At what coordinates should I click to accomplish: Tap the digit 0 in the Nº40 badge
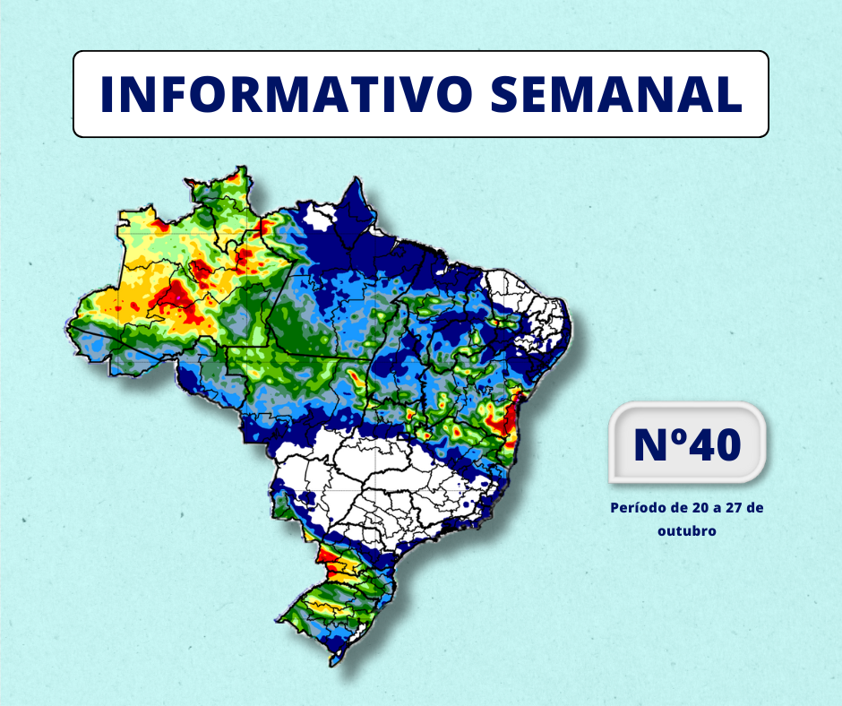coord(727,444)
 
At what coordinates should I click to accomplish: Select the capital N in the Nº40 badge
coord(650,444)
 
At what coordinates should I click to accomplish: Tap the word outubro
coord(686,530)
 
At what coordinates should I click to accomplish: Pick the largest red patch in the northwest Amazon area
coord(170,300)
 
